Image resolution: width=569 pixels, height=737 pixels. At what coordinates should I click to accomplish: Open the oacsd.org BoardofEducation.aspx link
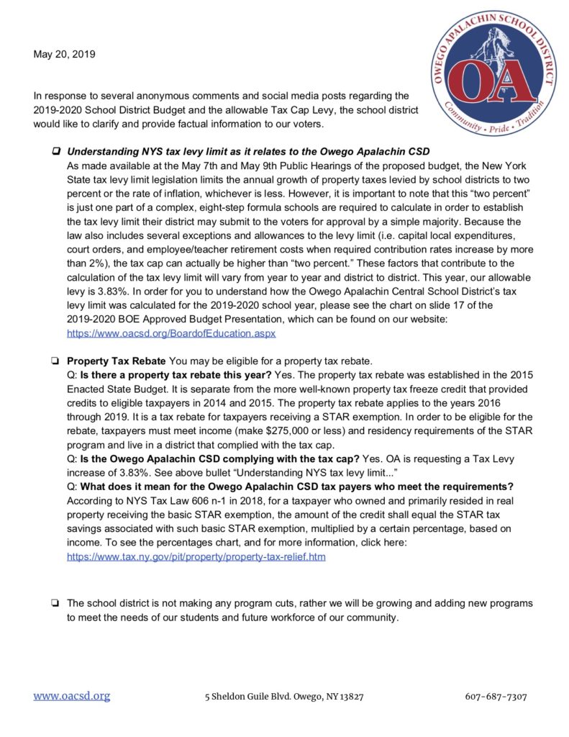pos(171,334)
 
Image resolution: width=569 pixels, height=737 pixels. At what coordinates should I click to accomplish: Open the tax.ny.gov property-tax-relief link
pos(196,557)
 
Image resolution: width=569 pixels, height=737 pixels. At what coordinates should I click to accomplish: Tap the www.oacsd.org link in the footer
pos(71,696)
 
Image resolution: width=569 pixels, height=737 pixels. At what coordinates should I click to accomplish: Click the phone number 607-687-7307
pos(496,697)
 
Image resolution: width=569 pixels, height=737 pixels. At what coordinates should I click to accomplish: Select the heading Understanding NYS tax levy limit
pos(248,152)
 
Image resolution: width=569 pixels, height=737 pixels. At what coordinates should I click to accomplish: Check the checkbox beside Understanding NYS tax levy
pos(55,153)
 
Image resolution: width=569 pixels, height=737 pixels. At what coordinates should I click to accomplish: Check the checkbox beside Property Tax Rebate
pos(55,360)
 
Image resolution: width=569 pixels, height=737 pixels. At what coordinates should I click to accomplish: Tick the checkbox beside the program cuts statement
pos(55,603)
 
